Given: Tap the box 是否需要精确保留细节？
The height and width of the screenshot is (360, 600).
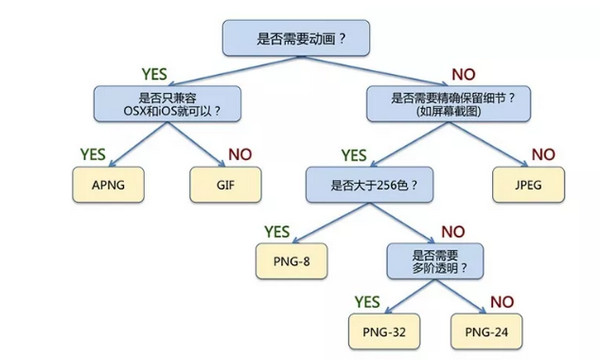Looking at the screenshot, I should click(440, 103).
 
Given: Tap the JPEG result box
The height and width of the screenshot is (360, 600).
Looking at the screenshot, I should click(526, 184).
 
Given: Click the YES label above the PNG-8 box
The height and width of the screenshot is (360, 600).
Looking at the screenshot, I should click(283, 232).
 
